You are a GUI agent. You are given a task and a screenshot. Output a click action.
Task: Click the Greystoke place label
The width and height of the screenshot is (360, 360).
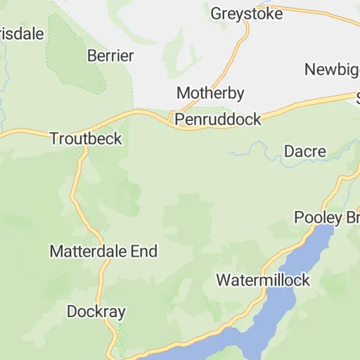[247, 13]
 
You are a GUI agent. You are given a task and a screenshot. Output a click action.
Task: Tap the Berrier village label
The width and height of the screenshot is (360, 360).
[110, 55]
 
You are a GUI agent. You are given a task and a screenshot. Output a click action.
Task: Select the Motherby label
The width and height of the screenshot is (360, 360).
[210, 93]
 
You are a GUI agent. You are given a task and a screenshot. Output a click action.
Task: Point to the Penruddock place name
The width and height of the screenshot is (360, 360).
[218, 120]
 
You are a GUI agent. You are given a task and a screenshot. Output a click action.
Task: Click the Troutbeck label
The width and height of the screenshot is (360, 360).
[86, 139]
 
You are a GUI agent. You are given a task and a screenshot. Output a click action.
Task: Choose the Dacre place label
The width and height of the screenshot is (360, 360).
[304, 151]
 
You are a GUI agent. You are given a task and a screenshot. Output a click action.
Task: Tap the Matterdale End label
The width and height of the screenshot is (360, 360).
[103, 251]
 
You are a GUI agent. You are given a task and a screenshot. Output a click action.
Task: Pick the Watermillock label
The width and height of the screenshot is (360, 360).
[262, 280]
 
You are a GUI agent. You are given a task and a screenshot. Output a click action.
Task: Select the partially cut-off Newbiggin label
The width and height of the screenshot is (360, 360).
[332, 69]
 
